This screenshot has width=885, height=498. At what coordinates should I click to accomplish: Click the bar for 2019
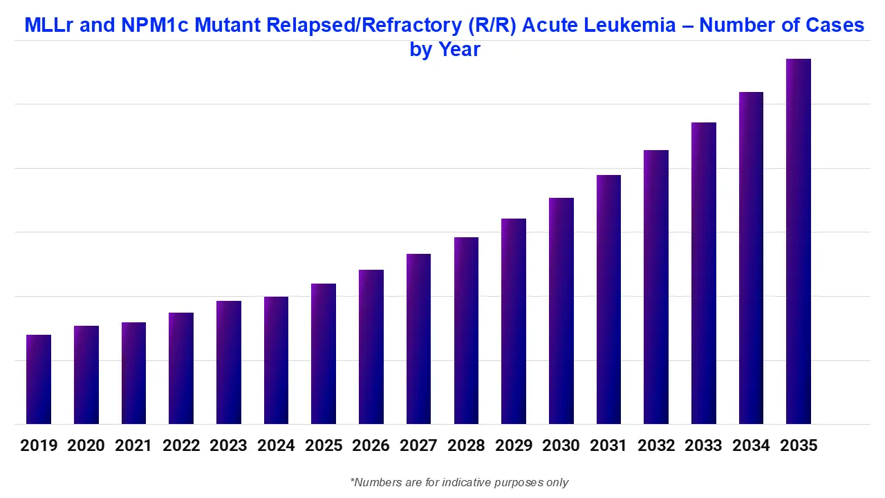(39, 380)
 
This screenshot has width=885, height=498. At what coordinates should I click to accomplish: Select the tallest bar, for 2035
(799, 241)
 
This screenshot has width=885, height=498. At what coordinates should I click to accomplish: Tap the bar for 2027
(418, 339)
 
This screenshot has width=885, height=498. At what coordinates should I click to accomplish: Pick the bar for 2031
(608, 299)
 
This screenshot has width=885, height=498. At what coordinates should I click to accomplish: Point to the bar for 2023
(229, 362)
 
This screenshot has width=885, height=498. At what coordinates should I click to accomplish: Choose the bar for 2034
(751, 258)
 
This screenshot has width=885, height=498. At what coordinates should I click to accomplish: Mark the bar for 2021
(133, 373)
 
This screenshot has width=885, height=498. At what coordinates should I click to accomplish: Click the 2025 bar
(324, 354)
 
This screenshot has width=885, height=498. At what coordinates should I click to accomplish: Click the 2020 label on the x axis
(86, 445)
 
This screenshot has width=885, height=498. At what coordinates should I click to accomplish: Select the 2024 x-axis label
(276, 445)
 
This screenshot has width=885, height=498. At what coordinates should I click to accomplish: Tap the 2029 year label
(514, 445)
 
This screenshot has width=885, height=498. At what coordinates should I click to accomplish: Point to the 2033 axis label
(703, 445)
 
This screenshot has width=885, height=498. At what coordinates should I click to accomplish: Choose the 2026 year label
(371, 445)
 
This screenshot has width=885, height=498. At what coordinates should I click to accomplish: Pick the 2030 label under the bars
(561, 445)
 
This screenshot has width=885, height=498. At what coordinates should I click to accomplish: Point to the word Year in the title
(458, 50)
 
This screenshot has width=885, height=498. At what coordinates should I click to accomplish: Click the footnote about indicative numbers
(459, 482)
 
